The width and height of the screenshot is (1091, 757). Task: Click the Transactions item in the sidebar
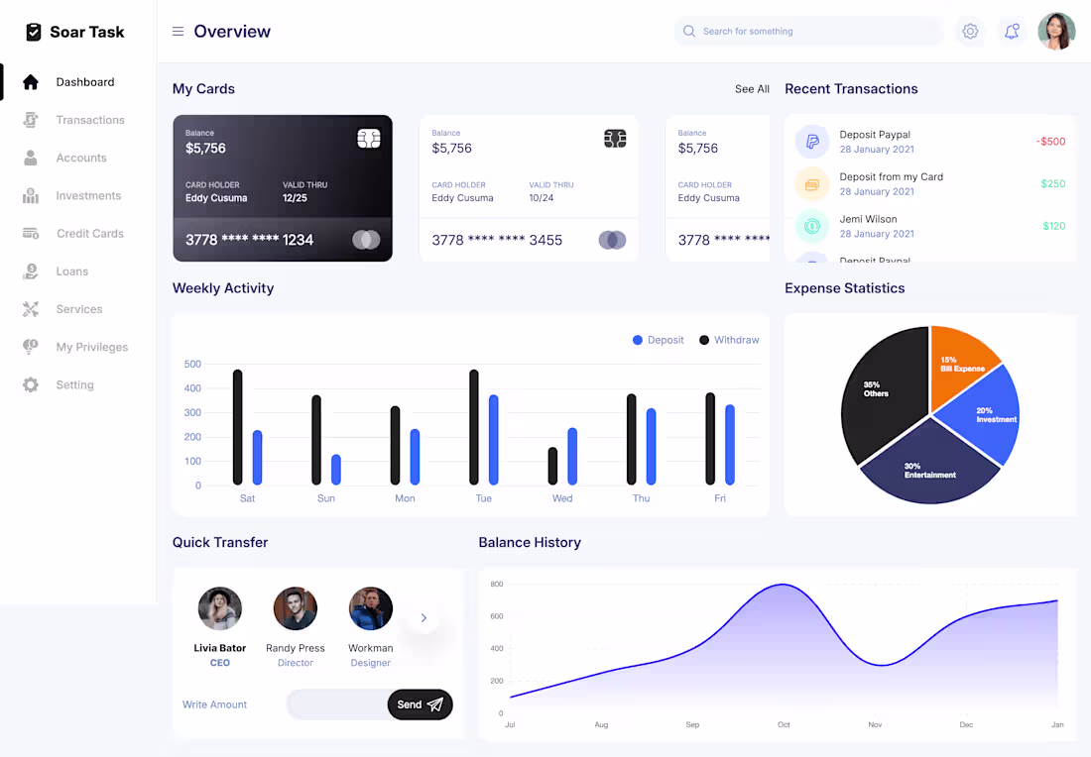89,120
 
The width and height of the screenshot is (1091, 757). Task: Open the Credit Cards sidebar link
89,234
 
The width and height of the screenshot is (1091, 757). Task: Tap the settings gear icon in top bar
970,32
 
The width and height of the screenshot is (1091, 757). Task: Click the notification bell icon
1012,32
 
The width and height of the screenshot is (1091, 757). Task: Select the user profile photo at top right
1056,32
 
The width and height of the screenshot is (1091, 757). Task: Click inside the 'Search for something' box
808,32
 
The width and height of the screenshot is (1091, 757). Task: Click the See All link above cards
752,89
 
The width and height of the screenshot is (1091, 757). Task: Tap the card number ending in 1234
249,240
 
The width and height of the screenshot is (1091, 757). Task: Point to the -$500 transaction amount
1050,142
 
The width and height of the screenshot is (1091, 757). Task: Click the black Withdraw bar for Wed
552,466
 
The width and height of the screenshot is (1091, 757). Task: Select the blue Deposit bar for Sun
336,470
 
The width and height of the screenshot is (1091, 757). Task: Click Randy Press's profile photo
296,608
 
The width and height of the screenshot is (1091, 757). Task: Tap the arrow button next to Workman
424,618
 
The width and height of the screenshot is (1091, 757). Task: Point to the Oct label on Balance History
784,725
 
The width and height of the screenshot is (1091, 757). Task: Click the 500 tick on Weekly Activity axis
192,364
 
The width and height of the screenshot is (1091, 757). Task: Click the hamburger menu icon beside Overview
179,32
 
